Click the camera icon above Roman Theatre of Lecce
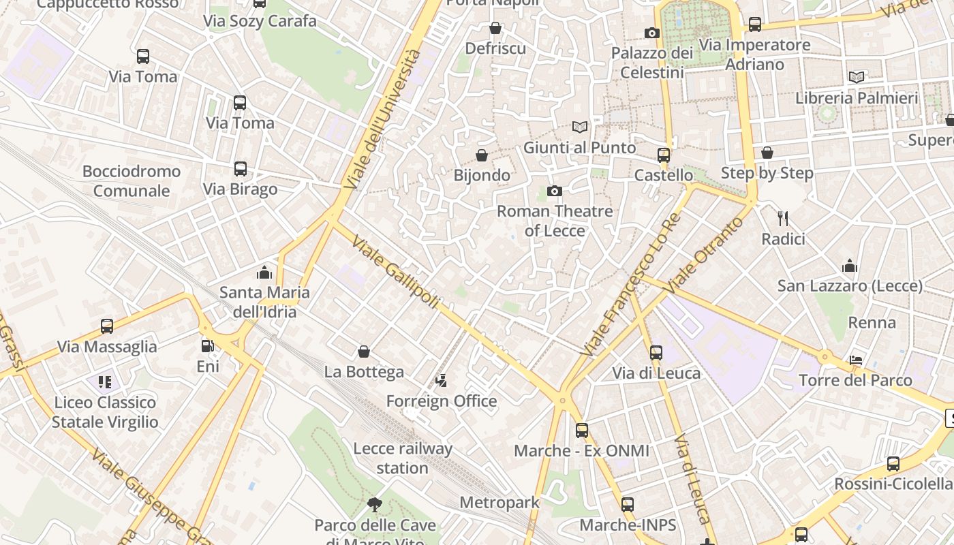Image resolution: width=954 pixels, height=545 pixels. click(x=555, y=191)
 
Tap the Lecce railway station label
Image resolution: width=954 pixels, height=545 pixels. click(x=402, y=458)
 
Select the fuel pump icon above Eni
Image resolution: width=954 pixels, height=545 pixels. click(x=207, y=346)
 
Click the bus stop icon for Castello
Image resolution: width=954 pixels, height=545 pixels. click(x=664, y=155)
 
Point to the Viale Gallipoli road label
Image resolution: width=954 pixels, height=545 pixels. click(x=396, y=273)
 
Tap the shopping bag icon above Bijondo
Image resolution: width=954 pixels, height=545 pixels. click(x=482, y=155)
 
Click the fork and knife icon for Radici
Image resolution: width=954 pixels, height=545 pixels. click(x=783, y=219)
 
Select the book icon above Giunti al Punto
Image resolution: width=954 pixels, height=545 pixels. click(x=580, y=127)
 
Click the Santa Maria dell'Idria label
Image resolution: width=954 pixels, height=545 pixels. click(x=264, y=302)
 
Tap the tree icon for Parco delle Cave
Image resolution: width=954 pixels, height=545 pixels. click(x=374, y=505)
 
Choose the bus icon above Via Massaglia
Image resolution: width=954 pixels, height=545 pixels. click(x=107, y=326)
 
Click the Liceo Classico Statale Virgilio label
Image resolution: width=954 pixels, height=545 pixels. click(x=105, y=412)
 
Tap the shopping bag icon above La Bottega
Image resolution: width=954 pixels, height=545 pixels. click(x=364, y=352)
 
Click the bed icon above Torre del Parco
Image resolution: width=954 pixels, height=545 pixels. click(x=857, y=360)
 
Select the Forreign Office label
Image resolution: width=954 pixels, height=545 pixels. click(x=442, y=401)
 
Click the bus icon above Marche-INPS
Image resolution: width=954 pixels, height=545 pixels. click(x=628, y=505)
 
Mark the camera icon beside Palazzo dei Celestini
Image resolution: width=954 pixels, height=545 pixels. click(x=652, y=33)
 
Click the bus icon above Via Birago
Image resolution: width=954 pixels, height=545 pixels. click(x=240, y=169)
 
